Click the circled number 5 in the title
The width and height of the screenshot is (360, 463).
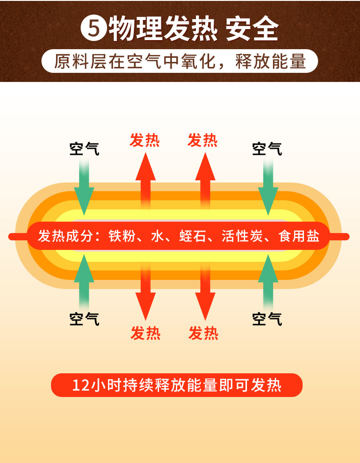tap(93, 29)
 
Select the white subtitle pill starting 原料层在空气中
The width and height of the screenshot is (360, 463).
tap(180, 61)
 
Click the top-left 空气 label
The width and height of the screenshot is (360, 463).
tap(84, 148)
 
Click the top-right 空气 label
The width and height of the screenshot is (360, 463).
tap(267, 148)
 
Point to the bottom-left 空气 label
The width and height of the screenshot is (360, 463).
tap(84, 319)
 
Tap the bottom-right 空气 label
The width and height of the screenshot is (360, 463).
tap(267, 319)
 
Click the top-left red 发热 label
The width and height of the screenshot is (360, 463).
tap(145, 140)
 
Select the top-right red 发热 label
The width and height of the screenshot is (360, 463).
tap(203, 140)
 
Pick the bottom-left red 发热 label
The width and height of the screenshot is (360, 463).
tap(145, 333)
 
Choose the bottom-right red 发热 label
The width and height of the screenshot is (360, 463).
tap(204, 333)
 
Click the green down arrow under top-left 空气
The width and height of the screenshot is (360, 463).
tap(84, 187)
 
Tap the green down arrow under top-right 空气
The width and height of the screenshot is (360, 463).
tap(268, 187)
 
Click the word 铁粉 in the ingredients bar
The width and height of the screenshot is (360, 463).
tap(123, 236)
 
